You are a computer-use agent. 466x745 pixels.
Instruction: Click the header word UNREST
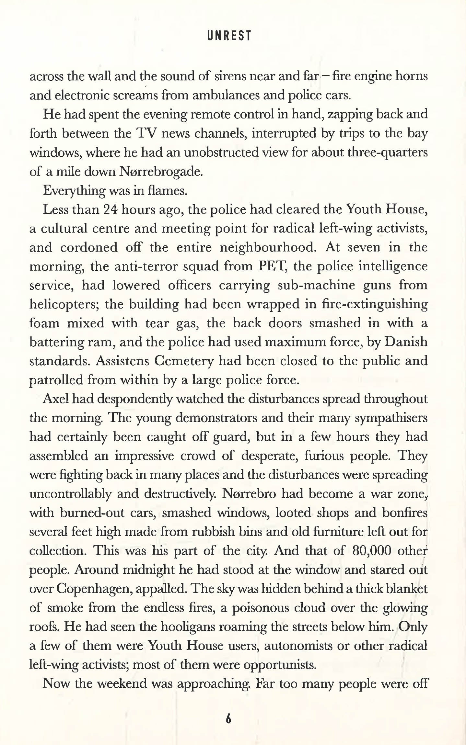(x=229, y=36)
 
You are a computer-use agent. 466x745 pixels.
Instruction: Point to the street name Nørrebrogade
(x=161, y=172)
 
